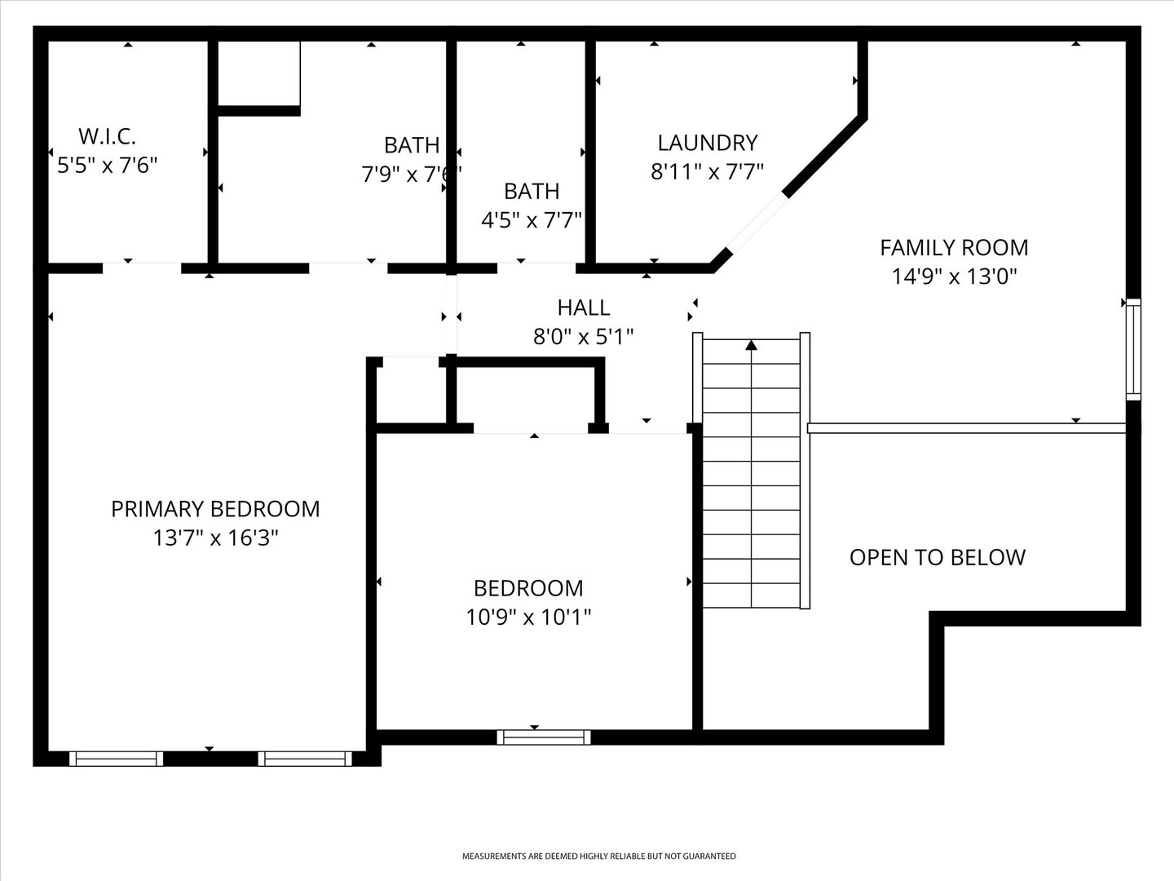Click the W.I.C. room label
[x=107, y=135]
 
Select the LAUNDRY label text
[x=708, y=143]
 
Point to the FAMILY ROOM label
[x=954, y=247]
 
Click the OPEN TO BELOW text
[x=938, y=557]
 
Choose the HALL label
[x=584, y=308]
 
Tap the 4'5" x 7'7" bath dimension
[x=532, y=220]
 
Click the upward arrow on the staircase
[x=751, y=346]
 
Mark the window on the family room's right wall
[x=1133, y=349]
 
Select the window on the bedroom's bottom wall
[x=544, y=737]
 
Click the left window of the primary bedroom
[x=116, y=759]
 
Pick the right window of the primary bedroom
[x=305, y=759]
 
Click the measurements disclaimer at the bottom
[x=599, y=857]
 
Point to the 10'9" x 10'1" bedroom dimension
[x=528, y=617]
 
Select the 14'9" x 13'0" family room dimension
[x=954, y=277]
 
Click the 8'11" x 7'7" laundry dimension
[x=708, y=172]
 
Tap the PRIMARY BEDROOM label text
[x=215, y=509]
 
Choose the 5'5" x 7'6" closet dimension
[x=107, y=166]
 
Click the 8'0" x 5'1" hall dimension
[x=584, y=336]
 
